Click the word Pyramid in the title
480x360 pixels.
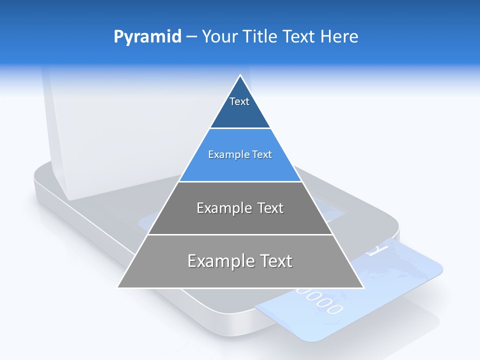147,37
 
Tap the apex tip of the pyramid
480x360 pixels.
240,76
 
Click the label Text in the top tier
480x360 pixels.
239,101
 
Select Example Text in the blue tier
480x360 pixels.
240,154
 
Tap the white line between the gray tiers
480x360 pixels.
240,234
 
